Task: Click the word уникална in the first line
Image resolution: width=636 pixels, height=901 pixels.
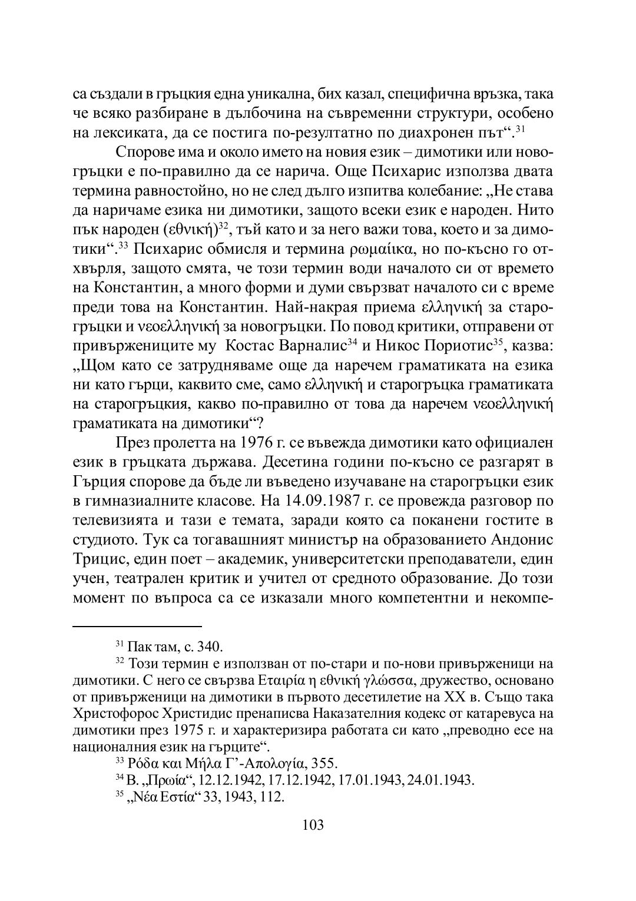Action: (269, 94)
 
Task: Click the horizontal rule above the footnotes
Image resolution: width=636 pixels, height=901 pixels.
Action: (137, 627)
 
